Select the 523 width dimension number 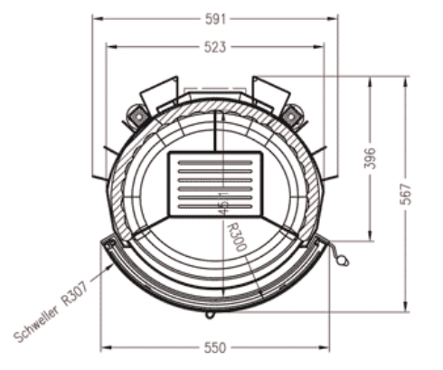(x=214, y=46)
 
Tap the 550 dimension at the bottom (x=214, y=347)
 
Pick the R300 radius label (x=238, y=237)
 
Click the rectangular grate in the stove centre (x=215, y=184)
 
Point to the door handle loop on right (x=342, y=260)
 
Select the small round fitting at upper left (x=137, y=115)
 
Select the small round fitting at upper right (x=290, y=115)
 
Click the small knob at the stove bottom (x=210, y=313)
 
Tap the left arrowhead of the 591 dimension (x=96, y=17)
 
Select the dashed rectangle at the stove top (x=215, y=90)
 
